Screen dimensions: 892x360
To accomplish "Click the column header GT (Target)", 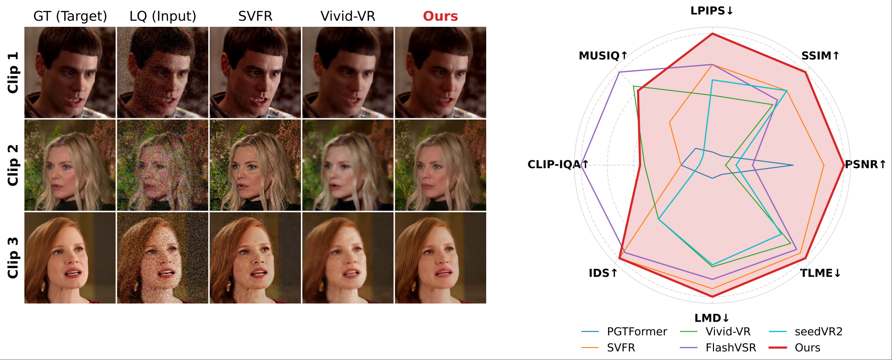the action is [70, 16].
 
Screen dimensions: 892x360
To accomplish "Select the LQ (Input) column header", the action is [163, 16].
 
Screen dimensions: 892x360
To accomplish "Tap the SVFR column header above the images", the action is [255, 16].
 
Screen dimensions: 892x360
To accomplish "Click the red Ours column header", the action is [440, 16].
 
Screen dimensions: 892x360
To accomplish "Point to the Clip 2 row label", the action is [13, 165].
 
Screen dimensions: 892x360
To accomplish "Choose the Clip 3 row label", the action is [13, 258].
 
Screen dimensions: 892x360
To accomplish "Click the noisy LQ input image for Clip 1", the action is [163, 72].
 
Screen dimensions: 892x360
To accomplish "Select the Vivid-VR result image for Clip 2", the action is [348, 165].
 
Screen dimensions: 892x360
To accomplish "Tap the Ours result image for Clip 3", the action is [440, 258].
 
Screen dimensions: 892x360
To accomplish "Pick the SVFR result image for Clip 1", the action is [255, 72].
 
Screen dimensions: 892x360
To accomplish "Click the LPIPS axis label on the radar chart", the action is [712, 11].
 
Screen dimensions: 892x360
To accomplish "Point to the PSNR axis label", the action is [865, 164].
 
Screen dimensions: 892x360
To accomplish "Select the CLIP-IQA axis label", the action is [558, 164].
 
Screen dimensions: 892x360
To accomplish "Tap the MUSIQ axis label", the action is [603, 56].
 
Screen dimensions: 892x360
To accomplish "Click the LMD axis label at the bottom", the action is [712, 318].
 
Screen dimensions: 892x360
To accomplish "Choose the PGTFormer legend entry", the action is [624, 332].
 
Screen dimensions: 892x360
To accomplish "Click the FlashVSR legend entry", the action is [718, 348].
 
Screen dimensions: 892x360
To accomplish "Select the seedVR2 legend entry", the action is [805, 332].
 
